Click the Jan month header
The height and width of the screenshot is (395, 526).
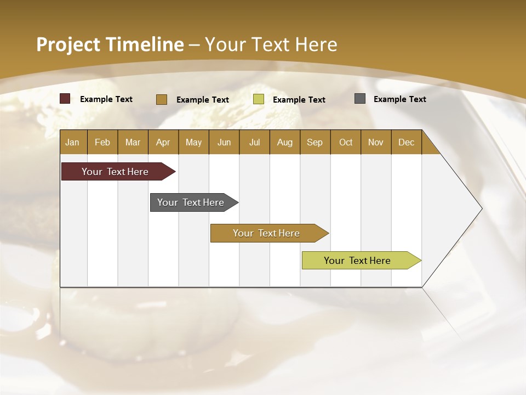click(x=72, y=142)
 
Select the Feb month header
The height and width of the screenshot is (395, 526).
click(x=102, y=142)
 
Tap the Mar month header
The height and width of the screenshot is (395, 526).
click(x=133, y=142)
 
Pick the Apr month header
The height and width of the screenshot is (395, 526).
click(x=163, y=142)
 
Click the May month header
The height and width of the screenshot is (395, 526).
click(x=193, y=142)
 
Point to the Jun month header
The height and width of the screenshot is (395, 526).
click(x=224, y=142)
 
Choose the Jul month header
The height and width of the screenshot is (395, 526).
click(x=254, y=142)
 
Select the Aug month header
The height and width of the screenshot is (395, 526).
click(x=284, y=142)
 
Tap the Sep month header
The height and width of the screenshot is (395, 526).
click(x=315, y=142)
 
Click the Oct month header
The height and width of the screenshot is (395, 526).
click(x=346, y=142)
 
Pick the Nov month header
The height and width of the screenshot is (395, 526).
click(x=376, y=142)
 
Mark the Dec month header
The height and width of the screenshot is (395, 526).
click(x=406, y=142)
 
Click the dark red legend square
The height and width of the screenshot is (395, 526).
click(x=65, y=99)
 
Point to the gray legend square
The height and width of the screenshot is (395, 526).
click(x=360, y=99)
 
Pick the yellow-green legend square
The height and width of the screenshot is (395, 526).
click(x=259, y=99)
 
